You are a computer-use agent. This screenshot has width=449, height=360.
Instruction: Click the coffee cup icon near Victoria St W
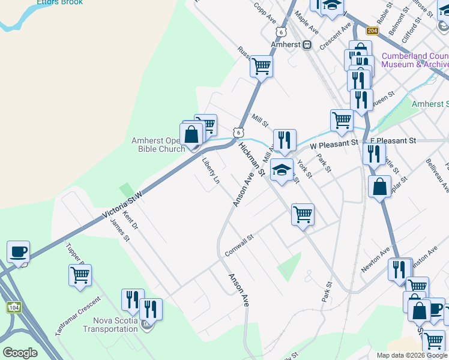(18, 252)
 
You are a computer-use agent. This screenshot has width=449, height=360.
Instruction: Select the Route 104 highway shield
(13, 307)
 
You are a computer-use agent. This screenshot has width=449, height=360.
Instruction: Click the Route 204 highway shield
(372, 31)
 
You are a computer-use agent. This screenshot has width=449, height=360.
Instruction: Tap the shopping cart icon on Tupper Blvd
(80, 276)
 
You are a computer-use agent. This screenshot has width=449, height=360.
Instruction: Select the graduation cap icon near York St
(282, 170)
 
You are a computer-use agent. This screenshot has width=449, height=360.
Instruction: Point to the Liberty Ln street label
(210, 170)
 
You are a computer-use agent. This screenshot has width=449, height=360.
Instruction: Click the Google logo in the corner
(20, 353)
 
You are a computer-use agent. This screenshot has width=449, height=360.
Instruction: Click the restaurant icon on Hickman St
(285, 141)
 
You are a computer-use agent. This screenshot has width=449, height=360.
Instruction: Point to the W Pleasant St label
(334, 145)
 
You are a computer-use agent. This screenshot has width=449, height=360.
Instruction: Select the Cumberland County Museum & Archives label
(415, 60)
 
